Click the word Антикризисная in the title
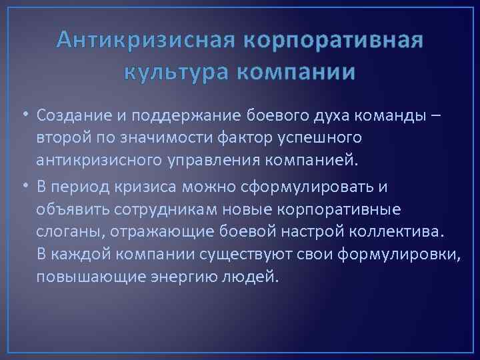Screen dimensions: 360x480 (145, 41)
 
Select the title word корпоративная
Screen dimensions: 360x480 (334, 41)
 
